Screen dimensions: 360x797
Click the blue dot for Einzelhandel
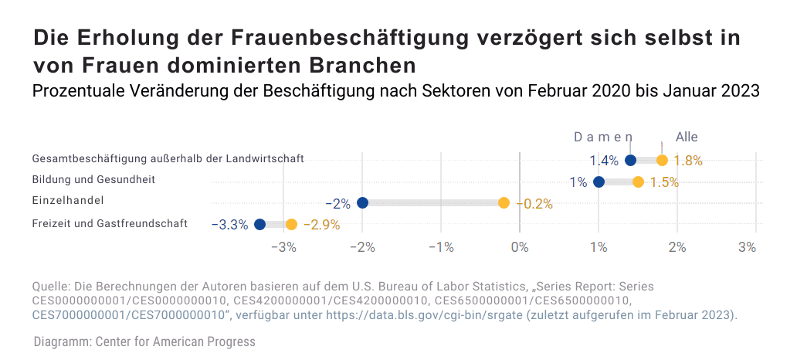click(362, 203)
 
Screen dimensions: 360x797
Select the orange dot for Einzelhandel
click(504, 203)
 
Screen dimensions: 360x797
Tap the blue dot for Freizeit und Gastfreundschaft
click(259, 224)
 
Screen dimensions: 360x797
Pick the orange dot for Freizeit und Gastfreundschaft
click(291, 224)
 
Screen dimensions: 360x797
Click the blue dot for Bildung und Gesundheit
click(599, 182)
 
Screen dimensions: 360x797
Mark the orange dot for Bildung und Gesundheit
click(638, 182)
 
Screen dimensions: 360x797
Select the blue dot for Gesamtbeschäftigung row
click(630, 161)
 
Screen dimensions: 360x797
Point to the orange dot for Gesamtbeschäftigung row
click(662, 161)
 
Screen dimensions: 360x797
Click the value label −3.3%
click(229, 225)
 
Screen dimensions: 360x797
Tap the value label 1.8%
click(687, 161)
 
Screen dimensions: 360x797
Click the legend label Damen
click(602, 137)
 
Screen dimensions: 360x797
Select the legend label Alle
click(687, 137)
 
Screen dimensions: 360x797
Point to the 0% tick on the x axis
click(520, 247)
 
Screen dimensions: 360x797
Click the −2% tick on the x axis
click(362, 247)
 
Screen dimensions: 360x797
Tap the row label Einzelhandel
click(68, 200)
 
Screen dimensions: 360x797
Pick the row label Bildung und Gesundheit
click(93, 179)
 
